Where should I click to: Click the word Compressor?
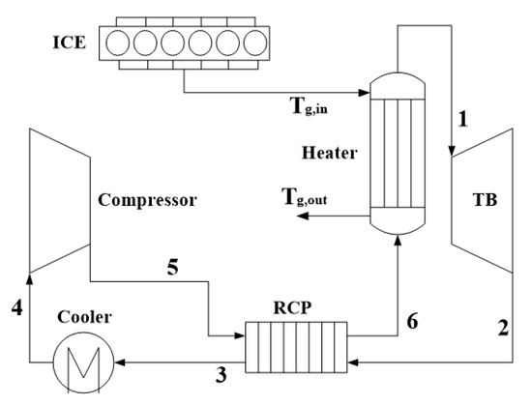[147, 201]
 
